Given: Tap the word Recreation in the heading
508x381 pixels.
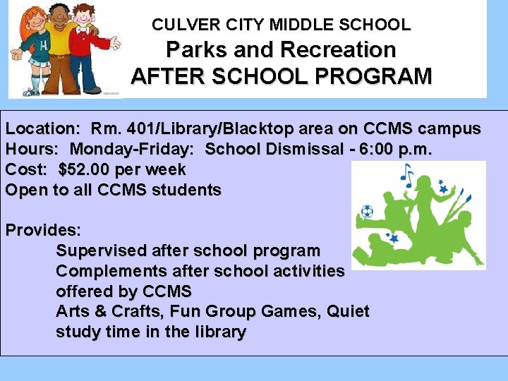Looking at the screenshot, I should [338, 50].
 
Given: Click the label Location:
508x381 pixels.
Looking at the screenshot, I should [43, 129].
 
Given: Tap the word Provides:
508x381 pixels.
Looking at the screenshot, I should [43, 231].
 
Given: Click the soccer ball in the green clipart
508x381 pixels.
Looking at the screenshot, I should [367, 211].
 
